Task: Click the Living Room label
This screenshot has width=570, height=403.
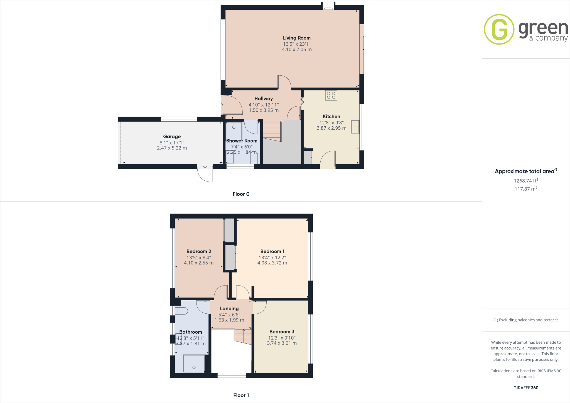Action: click(x=297, y=38)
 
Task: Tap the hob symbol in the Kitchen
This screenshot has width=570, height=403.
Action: click(x=331, y=95)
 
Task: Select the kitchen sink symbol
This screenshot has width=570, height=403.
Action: click(x=355, y=127)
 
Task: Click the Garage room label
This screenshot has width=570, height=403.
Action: click(x=172, y=136)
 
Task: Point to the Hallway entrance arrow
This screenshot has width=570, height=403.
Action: click(x=221, y=105)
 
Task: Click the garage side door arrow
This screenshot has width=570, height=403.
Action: click(x=205, y=166)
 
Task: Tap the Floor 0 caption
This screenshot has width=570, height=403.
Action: click(x=241, y=194)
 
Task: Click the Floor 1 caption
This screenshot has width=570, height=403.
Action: click(x=241, y=395)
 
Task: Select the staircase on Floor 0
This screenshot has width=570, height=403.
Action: click(x=272, y=131)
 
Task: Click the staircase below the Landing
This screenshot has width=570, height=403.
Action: click(x=243, y=336)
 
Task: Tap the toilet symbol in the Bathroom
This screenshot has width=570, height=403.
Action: click(x=181, y=311)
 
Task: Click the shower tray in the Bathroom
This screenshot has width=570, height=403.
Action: click(x=194, y=363)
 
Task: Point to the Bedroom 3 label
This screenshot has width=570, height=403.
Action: click(x=282, y=331)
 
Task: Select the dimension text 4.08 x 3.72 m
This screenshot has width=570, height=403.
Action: click(x=272, y=263)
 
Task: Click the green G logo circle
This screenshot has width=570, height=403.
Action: click(x=499, y=29)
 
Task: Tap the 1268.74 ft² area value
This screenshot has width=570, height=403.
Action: click(x=526, y=181)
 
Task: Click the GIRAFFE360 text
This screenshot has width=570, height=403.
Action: click(x=526, y=388)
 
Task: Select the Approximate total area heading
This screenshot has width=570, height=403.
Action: click(x=525, y=171)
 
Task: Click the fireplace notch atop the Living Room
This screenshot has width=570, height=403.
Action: click(x=328, y=6)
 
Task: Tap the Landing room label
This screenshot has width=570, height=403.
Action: click(x=229, y=308)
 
